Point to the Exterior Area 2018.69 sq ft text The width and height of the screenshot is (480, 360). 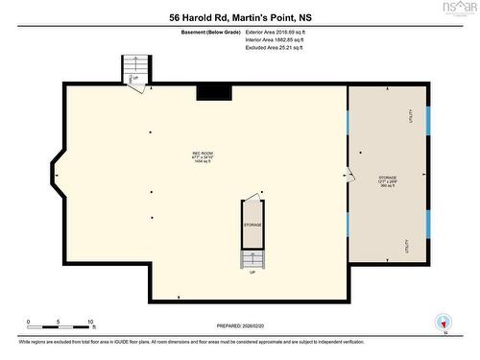pyautogui.click(x=281, y=32)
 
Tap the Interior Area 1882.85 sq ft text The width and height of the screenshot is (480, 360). pyautogui.click(x=280, y=40)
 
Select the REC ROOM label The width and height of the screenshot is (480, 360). pyautogui.click(x=203, y=156)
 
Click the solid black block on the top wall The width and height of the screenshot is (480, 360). pyautogui.click(x=214, y=91)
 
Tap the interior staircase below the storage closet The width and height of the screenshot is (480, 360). pyautogui.click(x=252, y=258)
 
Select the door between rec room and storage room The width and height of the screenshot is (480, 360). pyautogui.click(x=349, y=175)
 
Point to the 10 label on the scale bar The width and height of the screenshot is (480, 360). pyautogui.click(x=90, y=322)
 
